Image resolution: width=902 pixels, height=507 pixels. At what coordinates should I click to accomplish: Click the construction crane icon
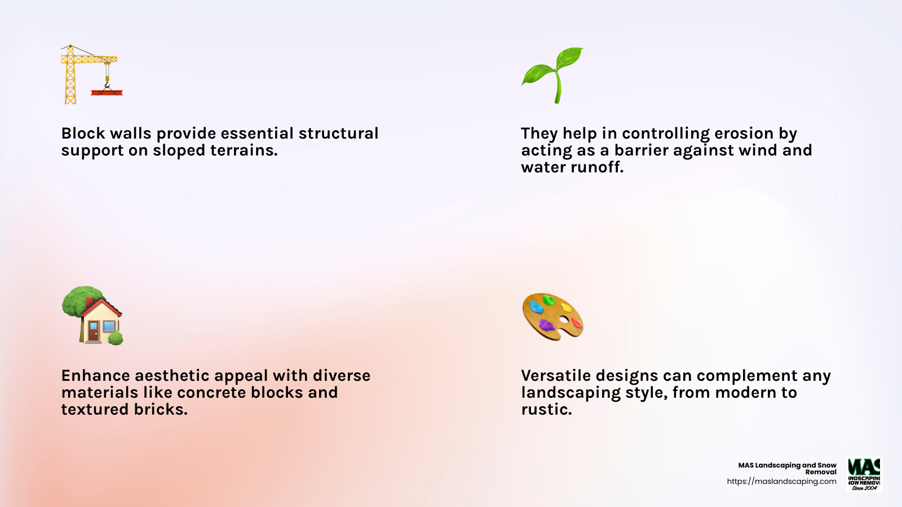[x=90, y=74]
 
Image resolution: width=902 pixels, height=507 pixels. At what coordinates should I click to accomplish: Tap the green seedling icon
[x=552, y=74]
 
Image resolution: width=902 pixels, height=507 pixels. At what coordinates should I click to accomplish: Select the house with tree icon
[x=92, y=315]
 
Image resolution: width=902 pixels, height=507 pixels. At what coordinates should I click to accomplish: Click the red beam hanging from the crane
[x=107, y=91]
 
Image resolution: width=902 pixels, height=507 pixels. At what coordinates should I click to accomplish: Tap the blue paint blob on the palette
[x=536, y=308]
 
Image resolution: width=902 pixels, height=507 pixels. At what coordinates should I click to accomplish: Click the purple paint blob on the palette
[x=546, y=325]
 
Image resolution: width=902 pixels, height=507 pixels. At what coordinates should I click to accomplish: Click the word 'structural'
[x=338, y=134]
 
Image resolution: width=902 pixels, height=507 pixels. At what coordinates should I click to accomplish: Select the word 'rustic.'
[x=546, y=410]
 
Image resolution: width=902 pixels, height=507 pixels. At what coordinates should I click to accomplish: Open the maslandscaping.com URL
[x=781, y=482]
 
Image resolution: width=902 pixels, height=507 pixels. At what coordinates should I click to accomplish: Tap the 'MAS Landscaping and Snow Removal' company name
[x=788, y=468]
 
